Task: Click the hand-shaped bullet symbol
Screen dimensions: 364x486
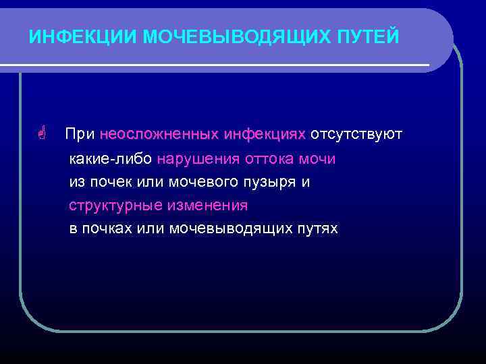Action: tap(42, 134)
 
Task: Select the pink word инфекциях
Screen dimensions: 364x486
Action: tap(265, 135)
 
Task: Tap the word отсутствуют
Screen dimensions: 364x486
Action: tap(356, 135)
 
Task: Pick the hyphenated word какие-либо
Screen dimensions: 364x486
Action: tap(111, 159)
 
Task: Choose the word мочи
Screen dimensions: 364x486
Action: tap(317, 159)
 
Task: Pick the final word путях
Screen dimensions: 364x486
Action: tap(318, 229)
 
